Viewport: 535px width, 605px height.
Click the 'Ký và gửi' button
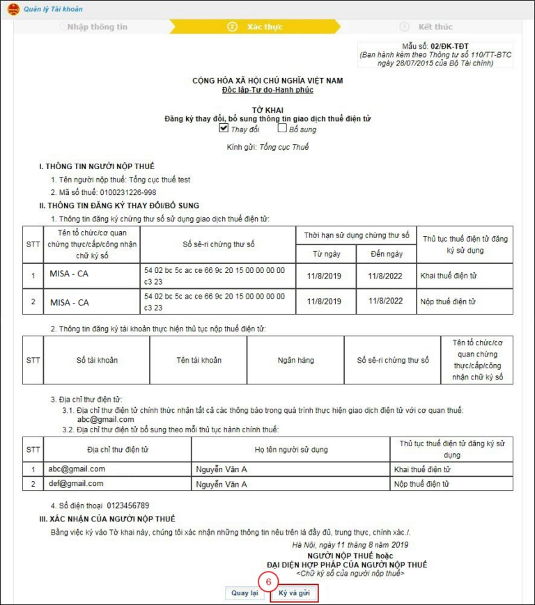pos(294,593)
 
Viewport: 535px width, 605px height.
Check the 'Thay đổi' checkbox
pos(224,129)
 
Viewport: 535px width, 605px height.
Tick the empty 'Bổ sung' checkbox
pos(282,129)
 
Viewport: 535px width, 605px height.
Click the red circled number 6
pos(268,580)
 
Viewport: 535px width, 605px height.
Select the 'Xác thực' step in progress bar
pos(265,27)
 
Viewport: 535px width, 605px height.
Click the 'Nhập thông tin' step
pos(98,27)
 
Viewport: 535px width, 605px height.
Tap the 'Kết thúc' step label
pos(435,27)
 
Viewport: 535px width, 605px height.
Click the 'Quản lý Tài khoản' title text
pos(53,9)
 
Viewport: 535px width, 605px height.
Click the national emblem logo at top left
pos(13,9)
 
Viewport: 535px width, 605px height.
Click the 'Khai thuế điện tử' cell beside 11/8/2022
pos(449,276)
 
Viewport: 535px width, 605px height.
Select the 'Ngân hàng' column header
pos(295,360)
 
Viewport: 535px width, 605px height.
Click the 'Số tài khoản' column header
pos(97,360)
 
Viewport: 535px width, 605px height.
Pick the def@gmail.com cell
pos(77,483)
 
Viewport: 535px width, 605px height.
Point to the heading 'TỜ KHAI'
pos(267,110)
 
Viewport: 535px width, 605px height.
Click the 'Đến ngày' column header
pos(386,254)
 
